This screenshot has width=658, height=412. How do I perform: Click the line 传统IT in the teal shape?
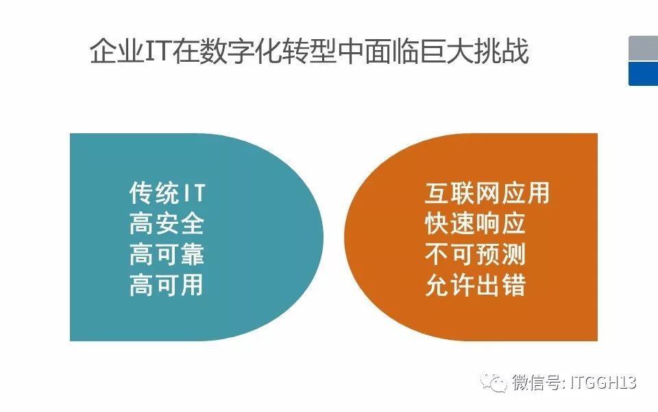[x=167, y=193]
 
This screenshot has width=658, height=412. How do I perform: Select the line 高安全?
[x=167, y=224]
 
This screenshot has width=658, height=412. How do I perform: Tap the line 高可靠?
[x=167, y=254]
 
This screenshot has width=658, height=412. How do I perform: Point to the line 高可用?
[x=167, y=285]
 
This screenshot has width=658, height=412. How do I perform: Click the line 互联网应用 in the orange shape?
[x=487, y=193]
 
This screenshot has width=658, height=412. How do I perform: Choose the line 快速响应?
[x=475, y=224]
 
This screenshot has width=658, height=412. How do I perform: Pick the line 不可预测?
[x=475, y=254]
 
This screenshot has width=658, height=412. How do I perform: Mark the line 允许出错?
[x=476, y=285]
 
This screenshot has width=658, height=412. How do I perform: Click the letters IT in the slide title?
[x=158, y=51]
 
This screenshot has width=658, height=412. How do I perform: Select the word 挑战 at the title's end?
[x=501, y=51]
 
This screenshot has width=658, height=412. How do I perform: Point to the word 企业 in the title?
[x=117, y=51]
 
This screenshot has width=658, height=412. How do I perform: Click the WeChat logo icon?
[x=493, y=382]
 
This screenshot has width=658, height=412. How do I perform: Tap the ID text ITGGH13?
[x=603, y=382]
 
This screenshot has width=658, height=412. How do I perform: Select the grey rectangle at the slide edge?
[x=644, y=48]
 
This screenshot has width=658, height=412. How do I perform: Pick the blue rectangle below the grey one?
[x=644, y=73]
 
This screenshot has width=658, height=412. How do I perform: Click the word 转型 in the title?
[x=308, y=51]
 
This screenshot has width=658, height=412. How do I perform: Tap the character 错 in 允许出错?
[x=513, y=285]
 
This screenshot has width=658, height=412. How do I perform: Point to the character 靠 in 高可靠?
[x=193, y=254]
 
